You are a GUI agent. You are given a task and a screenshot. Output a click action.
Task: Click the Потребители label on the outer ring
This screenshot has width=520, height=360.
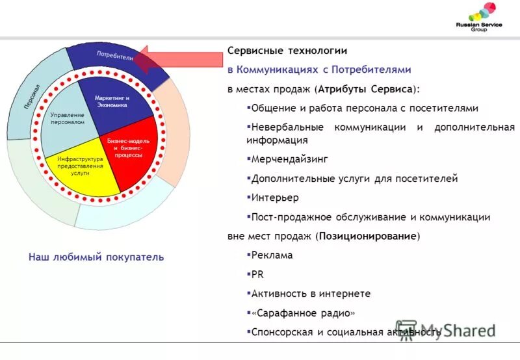click(x=115, y=55)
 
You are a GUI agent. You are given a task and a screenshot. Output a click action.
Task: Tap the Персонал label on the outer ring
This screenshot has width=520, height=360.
click(x=32, y=96)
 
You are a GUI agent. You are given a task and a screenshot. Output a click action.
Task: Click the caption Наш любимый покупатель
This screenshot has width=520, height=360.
click(x=96, y=257)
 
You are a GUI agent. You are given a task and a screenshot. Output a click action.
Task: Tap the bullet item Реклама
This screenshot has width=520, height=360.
click(x=272, y=255)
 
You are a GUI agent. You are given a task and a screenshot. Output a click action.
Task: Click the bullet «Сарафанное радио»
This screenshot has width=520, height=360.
click(x=303, y=313)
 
